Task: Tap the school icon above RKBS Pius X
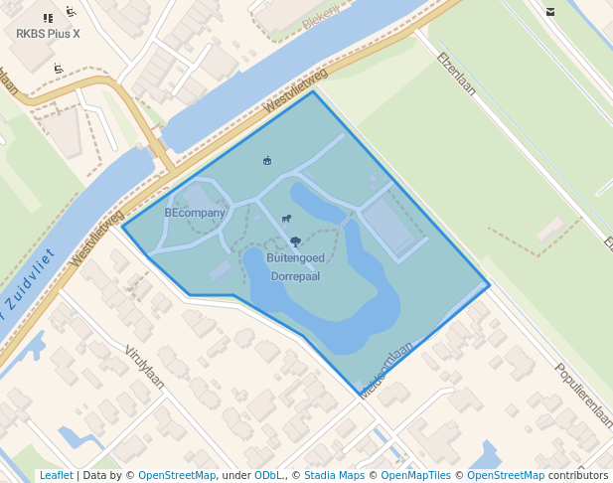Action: point(49,17)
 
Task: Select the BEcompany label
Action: point(195,213)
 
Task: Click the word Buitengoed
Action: point(295,257)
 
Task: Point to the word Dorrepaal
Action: point(295,275)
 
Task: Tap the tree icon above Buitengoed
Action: point(295,241)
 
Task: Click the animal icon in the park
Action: point(286,219)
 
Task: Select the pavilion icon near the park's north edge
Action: point(266,160)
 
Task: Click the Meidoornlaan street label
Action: point(386,370)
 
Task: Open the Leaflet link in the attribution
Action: point(56,475)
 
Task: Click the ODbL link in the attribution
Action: point(267,475)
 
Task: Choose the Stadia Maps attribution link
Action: point(334,475)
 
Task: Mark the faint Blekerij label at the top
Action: point(321,19)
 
